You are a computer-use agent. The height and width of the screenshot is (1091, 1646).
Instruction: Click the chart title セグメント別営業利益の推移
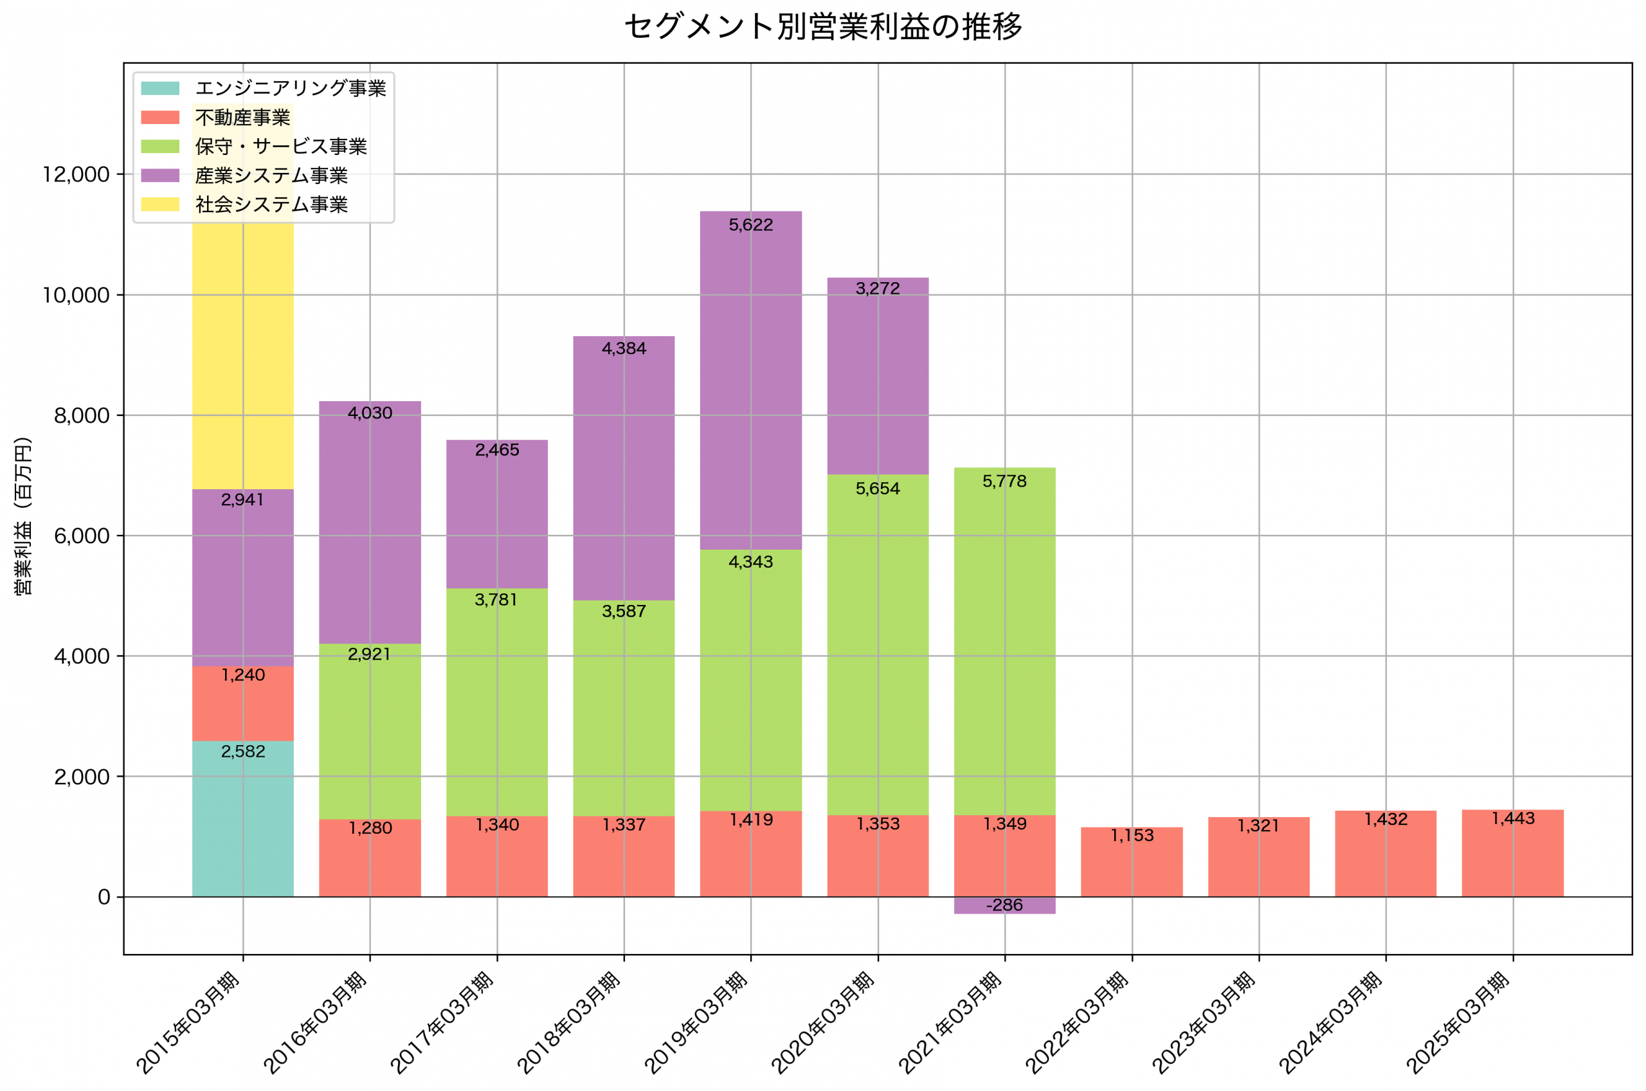(822, 27)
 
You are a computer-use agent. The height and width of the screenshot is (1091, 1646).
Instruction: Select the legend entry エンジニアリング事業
(290, 88)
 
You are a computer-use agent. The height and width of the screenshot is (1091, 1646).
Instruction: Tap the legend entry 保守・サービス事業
(280, 146)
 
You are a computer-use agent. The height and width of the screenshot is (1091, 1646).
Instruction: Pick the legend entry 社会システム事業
(271, 204)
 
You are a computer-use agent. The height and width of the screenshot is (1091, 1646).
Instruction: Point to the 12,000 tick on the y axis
(76, 175)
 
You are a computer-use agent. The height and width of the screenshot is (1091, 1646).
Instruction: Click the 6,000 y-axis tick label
(82, 536)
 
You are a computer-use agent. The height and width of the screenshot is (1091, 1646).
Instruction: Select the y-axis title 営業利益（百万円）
(23, 516)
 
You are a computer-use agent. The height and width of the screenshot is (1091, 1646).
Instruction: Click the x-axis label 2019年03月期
(696, 1022)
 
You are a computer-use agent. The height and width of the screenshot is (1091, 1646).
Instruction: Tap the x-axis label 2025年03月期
(1458, 1022)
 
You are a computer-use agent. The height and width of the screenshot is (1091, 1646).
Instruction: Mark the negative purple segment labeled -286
(1004, 905)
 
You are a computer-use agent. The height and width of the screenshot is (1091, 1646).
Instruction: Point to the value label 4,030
(370, 413)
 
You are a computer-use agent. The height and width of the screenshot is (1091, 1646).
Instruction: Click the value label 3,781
(496, 600)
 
